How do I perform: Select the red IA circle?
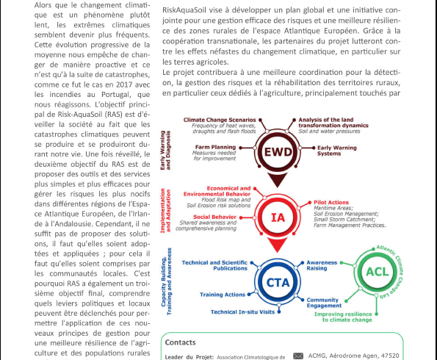click(278, 217)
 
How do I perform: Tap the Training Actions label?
click(223, 295)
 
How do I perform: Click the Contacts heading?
click(181, 342)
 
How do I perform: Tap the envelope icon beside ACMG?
click(297, 356)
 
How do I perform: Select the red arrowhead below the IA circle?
click(278, 246)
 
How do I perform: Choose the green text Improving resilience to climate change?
click(364, 317)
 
